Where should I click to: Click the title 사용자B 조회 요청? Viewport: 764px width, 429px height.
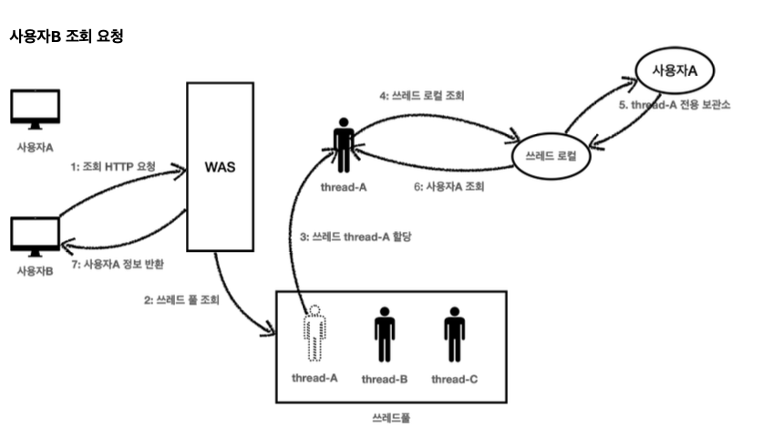pos(66,37)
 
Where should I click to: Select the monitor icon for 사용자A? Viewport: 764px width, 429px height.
pos(35,108)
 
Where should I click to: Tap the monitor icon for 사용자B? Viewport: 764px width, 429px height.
pos(35,235)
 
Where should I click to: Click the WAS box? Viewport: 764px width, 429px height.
pos(220,167)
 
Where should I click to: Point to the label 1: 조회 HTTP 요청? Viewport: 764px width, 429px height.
pos(113,167)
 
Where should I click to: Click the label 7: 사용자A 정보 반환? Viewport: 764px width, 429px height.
pos(122,263)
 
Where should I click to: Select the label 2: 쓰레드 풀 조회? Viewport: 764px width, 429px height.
pos(181,298)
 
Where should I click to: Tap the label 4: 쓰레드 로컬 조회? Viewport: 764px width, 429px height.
pos(423,95)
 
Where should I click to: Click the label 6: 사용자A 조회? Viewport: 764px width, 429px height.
pos(446,186)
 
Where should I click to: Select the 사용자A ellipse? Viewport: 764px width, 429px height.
pos(675,70)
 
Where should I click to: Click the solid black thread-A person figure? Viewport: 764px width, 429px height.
pos(344,144)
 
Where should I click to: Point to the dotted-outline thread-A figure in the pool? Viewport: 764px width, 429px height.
pos(315,333)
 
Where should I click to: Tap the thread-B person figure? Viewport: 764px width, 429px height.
pos(384,333)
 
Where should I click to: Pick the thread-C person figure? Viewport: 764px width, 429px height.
pos(454,333)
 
